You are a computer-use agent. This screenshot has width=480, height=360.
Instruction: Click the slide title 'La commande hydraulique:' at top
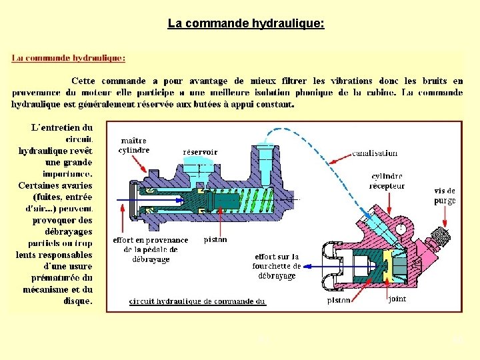[x=246, y=24]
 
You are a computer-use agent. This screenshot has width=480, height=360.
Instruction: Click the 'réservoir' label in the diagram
[x=200, y=152]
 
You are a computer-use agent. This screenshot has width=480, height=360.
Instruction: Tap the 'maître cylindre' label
[x=134, y=145]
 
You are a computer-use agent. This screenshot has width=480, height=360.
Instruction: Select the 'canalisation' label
[x=375, y=153]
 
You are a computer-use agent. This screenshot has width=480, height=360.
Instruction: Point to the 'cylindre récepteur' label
[x=387, y=181]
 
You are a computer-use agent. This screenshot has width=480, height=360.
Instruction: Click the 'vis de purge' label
[x=445, y=195]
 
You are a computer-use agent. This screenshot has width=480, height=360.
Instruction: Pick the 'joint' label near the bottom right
[x=397, y=299]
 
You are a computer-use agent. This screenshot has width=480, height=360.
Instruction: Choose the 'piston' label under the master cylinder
[x=215, y=239]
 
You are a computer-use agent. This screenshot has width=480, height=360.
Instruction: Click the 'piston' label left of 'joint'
[x=339, y=300]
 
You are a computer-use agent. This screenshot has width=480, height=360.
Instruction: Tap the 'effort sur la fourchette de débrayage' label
[x=278, y=266]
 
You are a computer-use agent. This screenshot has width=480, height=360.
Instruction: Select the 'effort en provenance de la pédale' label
[x=151, y=249]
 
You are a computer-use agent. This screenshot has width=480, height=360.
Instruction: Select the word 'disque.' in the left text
[x=78, y=301]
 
